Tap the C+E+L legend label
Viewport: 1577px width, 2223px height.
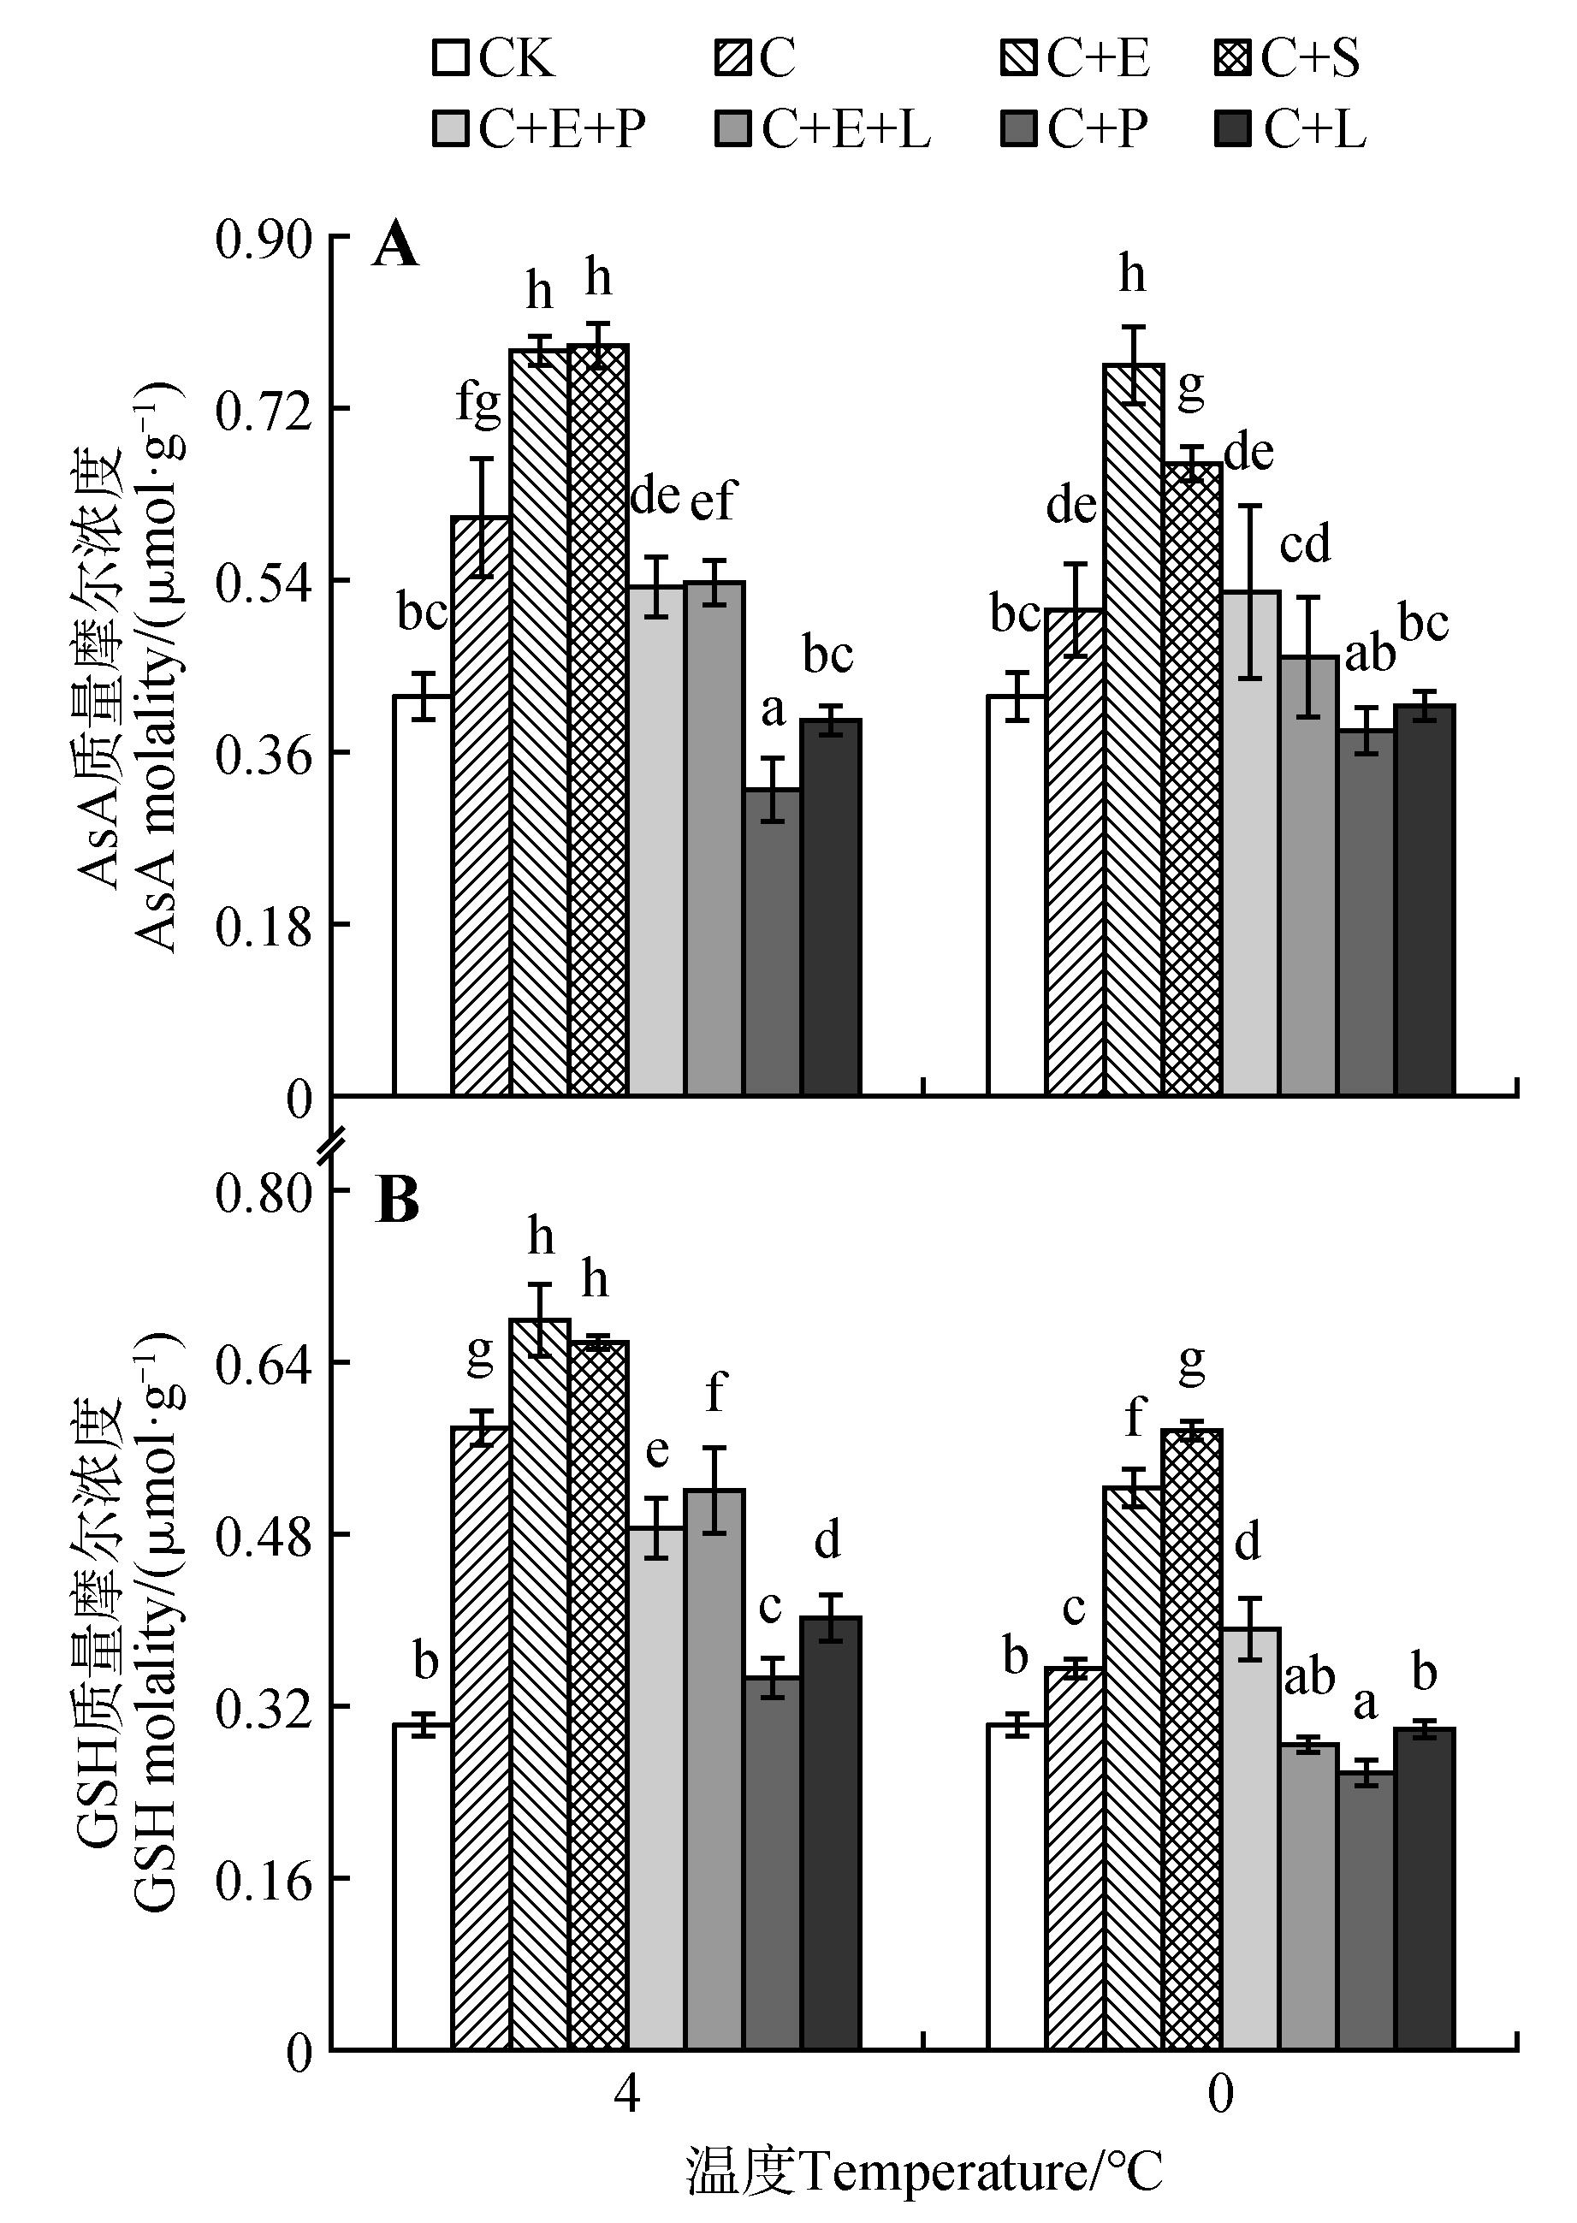tap(845, 128)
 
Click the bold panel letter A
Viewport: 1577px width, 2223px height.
tap(395, 246)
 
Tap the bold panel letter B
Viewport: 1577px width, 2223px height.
tap(397, 1200)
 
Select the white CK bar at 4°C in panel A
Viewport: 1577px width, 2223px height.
tap(423, 893)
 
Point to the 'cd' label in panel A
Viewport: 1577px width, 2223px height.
tap(1304, 544)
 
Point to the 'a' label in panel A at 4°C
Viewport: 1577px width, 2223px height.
tap(772, 710)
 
